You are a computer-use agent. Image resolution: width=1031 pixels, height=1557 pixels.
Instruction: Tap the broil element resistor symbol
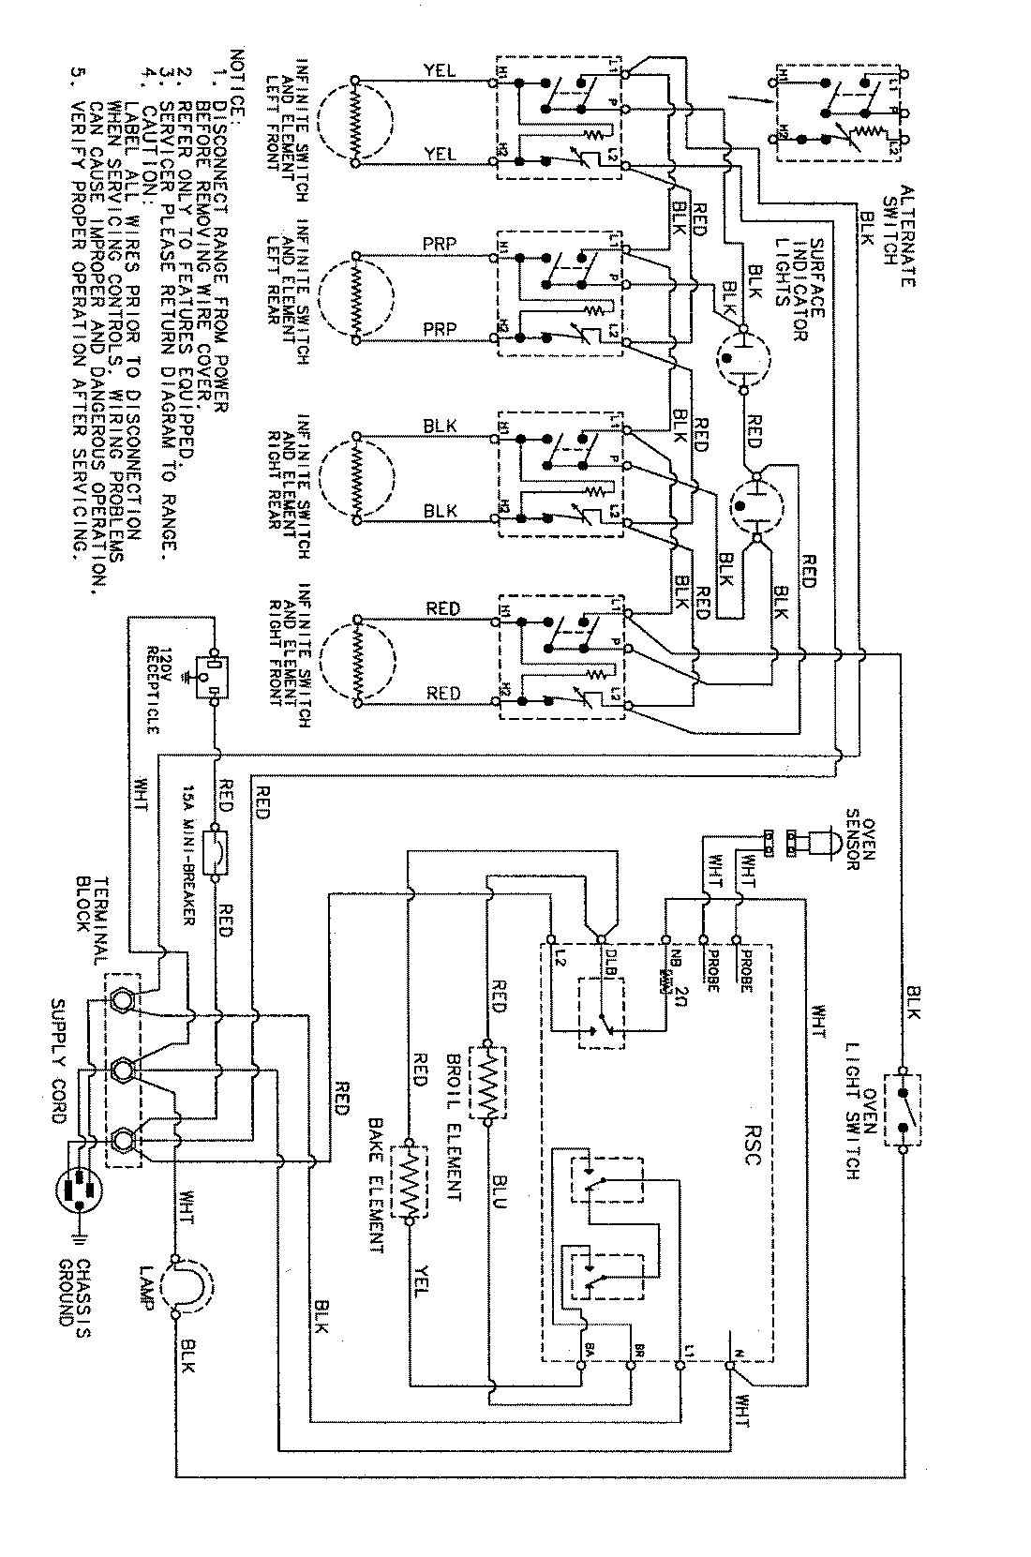[487, 1081]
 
